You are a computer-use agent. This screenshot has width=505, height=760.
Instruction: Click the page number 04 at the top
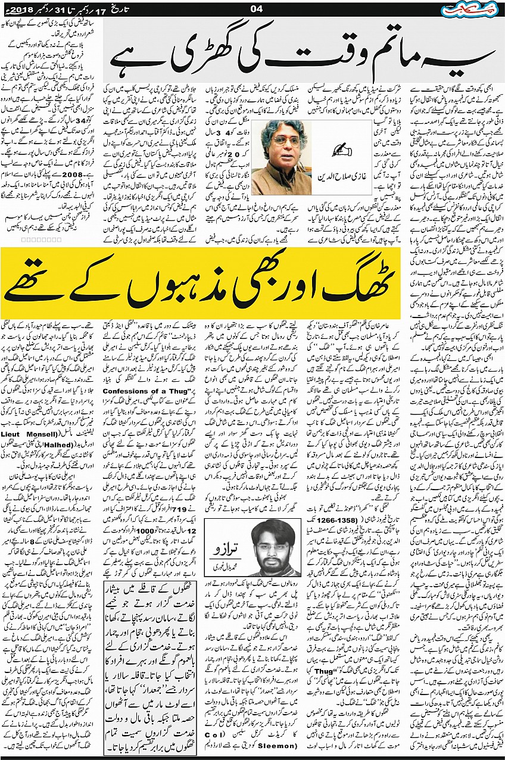coord(257,8)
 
